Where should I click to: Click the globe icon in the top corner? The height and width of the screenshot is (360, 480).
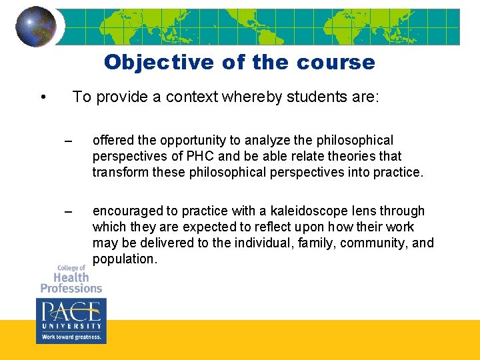35,26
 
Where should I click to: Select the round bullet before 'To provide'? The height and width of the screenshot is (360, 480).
43,98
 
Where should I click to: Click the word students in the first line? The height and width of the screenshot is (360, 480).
317,97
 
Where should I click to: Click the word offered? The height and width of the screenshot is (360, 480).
113,141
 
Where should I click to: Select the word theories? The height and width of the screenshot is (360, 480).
352,156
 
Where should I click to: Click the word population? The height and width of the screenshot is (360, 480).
124,259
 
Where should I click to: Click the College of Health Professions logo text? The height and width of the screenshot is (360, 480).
71,279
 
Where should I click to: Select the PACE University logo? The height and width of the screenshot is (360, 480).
71,315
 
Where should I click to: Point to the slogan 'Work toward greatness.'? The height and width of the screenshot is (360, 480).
71,337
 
